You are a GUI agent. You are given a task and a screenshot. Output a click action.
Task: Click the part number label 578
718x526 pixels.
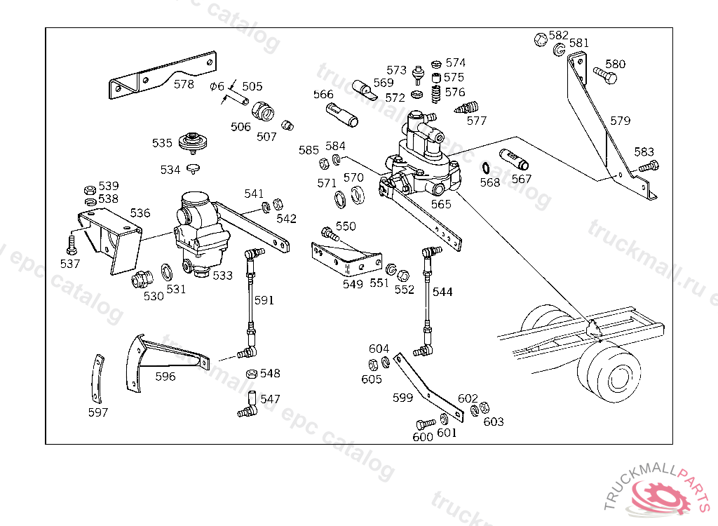[184, 84]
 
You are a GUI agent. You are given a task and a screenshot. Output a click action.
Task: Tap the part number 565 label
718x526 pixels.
[441, 203]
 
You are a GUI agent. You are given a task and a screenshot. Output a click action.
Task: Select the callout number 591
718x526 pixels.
[264, 300]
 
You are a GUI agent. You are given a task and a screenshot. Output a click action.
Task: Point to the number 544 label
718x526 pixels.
[442, 292]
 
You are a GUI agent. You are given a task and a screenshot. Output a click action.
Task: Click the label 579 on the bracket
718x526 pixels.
[620, 121]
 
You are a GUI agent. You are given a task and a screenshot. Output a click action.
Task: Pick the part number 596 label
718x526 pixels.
[165, 377]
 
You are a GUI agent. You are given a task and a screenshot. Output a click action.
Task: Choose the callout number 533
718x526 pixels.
[222, 276]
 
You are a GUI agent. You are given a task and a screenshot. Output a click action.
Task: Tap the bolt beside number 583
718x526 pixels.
[649, 167]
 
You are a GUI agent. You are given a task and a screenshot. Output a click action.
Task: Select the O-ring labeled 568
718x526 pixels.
[486, 168]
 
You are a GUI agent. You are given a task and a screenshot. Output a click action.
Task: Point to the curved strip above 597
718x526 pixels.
[97, 379]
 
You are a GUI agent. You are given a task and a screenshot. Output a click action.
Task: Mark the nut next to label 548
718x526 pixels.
[250, 374]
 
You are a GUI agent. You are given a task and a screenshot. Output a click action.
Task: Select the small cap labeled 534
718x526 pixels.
[193, 168]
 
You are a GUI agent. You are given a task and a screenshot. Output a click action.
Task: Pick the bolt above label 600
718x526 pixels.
[424, 424]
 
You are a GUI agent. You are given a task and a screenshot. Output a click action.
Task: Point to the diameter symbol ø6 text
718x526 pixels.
[217, 86]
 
